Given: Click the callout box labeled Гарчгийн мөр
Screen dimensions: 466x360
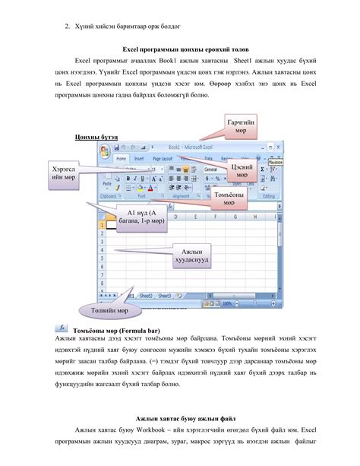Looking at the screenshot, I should (x=240, y=127).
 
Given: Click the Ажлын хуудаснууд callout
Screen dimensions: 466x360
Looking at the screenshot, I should (x=186, y=255).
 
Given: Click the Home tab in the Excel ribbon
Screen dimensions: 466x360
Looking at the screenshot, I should (x=122, y=160).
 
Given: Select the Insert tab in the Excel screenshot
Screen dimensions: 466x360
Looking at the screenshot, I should (x=139, y=160).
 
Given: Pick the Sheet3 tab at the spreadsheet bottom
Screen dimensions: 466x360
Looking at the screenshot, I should (x=164, y=294).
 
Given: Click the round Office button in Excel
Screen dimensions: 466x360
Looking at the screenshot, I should (x=105, y=150).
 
